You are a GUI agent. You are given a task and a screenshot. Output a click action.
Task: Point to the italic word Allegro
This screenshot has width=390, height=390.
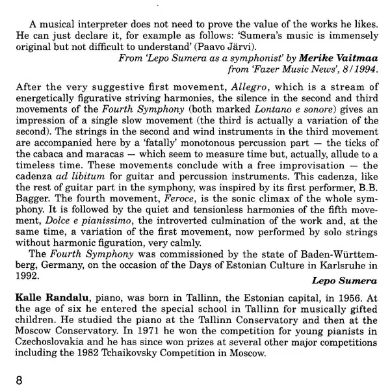240,86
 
